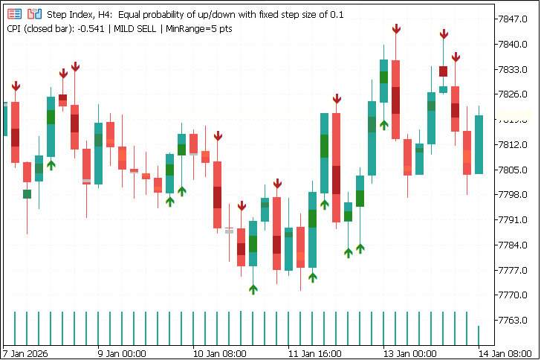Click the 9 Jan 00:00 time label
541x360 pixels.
click(122, 353)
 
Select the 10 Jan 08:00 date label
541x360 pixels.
click(218, 353)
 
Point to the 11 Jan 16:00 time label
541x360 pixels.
click(314, 353)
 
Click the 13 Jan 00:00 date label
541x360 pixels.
click(410, 353)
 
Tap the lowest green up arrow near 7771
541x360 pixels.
click(253, 289)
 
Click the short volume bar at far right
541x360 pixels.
click(479, 335)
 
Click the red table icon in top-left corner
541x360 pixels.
click(14, 14)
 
